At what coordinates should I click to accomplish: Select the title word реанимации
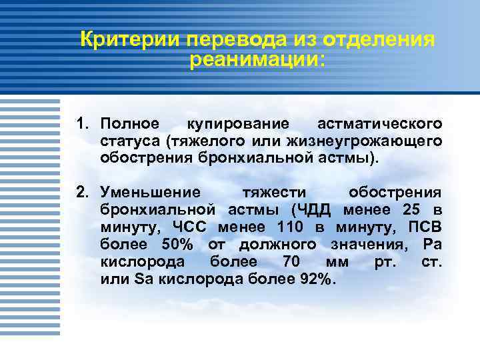coord(257,61)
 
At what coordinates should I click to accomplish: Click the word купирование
coord(238,125)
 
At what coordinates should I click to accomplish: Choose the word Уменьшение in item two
coord(150,193)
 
